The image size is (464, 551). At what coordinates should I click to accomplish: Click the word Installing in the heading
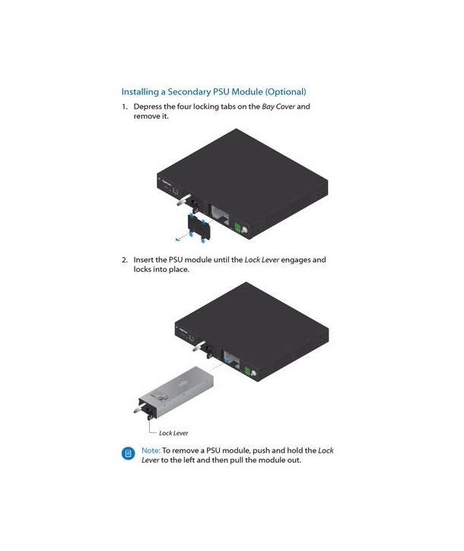140,92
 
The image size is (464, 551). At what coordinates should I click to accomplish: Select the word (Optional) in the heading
285,92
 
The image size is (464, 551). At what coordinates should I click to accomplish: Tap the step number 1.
124,107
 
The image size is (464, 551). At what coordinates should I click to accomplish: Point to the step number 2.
125,260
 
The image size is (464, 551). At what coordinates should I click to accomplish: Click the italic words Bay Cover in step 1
278,107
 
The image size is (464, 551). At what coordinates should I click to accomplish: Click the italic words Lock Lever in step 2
262,260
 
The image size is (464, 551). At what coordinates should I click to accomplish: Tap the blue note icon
129,454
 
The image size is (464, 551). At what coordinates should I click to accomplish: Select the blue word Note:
151,451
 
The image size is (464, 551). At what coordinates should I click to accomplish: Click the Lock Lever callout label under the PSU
173,433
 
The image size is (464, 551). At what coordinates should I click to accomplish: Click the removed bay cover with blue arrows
199,227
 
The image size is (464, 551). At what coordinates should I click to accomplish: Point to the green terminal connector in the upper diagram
238,228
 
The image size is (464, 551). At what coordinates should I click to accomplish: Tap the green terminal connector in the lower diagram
247,371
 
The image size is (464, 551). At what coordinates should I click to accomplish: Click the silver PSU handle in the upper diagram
184,199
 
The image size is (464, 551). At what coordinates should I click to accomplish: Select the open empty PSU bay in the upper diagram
220,214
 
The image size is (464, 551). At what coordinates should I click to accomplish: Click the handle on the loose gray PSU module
140,408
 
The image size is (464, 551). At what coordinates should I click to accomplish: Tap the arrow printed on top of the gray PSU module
183,384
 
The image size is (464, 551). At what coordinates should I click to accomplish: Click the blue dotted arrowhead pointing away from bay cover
178,240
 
